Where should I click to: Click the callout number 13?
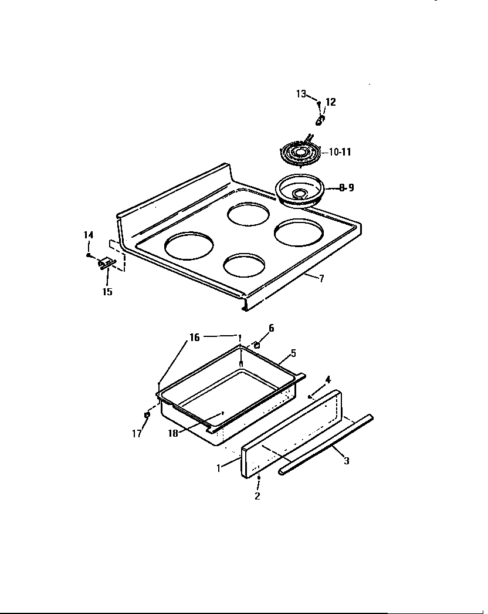point(300,94)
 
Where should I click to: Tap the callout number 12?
point(330,102)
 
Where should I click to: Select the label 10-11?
point(339,152)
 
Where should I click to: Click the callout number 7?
point(321,278)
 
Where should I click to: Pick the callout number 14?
point(88,235)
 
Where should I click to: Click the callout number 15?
point(107,292)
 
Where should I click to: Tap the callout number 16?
point(194,338)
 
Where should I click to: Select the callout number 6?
point(271,328)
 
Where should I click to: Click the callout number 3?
point(346,461)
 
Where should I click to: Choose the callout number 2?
point(257,496)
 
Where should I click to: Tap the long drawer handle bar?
point(326,443)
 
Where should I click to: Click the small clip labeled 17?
point(148,416)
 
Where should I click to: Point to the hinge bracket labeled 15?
point(106,264)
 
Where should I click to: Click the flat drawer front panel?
point(290,435)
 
